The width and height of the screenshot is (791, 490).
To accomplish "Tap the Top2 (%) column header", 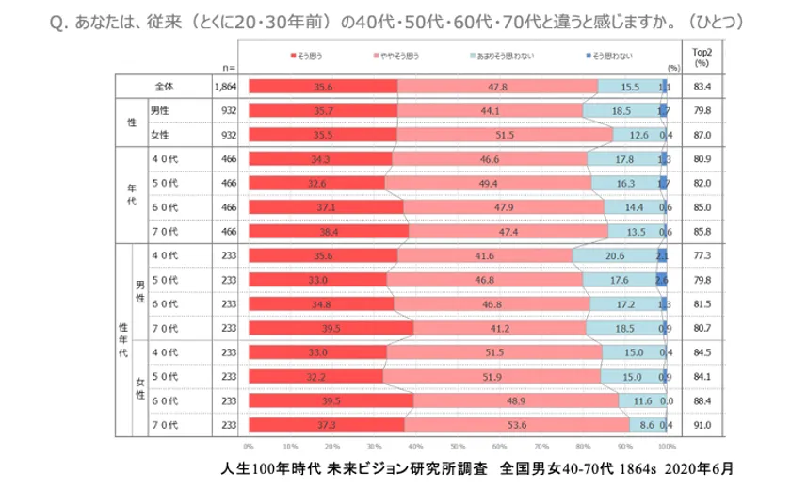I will [x=702, y=57].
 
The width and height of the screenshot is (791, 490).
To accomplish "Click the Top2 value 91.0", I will [x=702, y=425].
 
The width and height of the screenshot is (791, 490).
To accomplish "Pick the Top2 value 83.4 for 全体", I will [x=702, y=87].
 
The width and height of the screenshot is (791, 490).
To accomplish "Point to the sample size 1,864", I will [x=224, y=87].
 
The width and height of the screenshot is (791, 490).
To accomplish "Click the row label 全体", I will [x=165, y=87].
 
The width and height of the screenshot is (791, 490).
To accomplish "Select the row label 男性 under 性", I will [x=160, y=110].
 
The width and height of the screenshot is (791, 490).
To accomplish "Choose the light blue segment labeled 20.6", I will [x=615, y=255].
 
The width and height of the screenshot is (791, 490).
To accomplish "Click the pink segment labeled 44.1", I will [x=490, y=110].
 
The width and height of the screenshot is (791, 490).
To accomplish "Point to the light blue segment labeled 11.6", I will [x=643, y=401].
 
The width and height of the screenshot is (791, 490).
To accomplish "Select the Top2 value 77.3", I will [x=702, y=255].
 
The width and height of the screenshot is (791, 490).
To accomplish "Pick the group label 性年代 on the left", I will [x=121, y=337].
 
